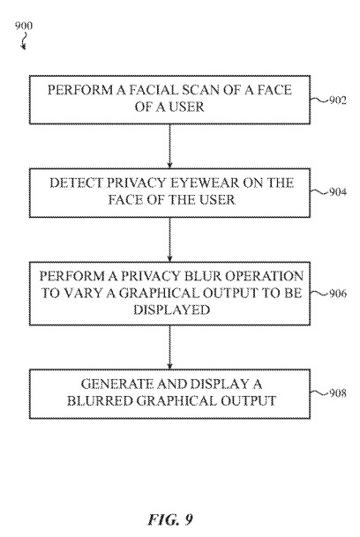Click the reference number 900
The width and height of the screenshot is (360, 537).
24,26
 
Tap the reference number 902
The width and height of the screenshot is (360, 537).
338,101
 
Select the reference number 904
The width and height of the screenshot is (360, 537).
338,192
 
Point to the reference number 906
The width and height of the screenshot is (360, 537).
338,294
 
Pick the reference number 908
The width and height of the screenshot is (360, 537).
338,393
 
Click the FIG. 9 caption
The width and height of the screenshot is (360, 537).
170,519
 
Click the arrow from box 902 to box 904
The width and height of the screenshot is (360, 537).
169,146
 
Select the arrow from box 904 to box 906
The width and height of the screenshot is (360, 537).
169,240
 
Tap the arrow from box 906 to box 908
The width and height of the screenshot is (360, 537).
169,347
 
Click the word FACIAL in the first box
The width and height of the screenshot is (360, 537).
154,90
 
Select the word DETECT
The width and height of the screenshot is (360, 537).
76,183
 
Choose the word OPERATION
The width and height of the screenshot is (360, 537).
264,276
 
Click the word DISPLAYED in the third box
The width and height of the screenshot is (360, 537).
171,310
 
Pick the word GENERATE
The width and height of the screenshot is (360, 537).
116,384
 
